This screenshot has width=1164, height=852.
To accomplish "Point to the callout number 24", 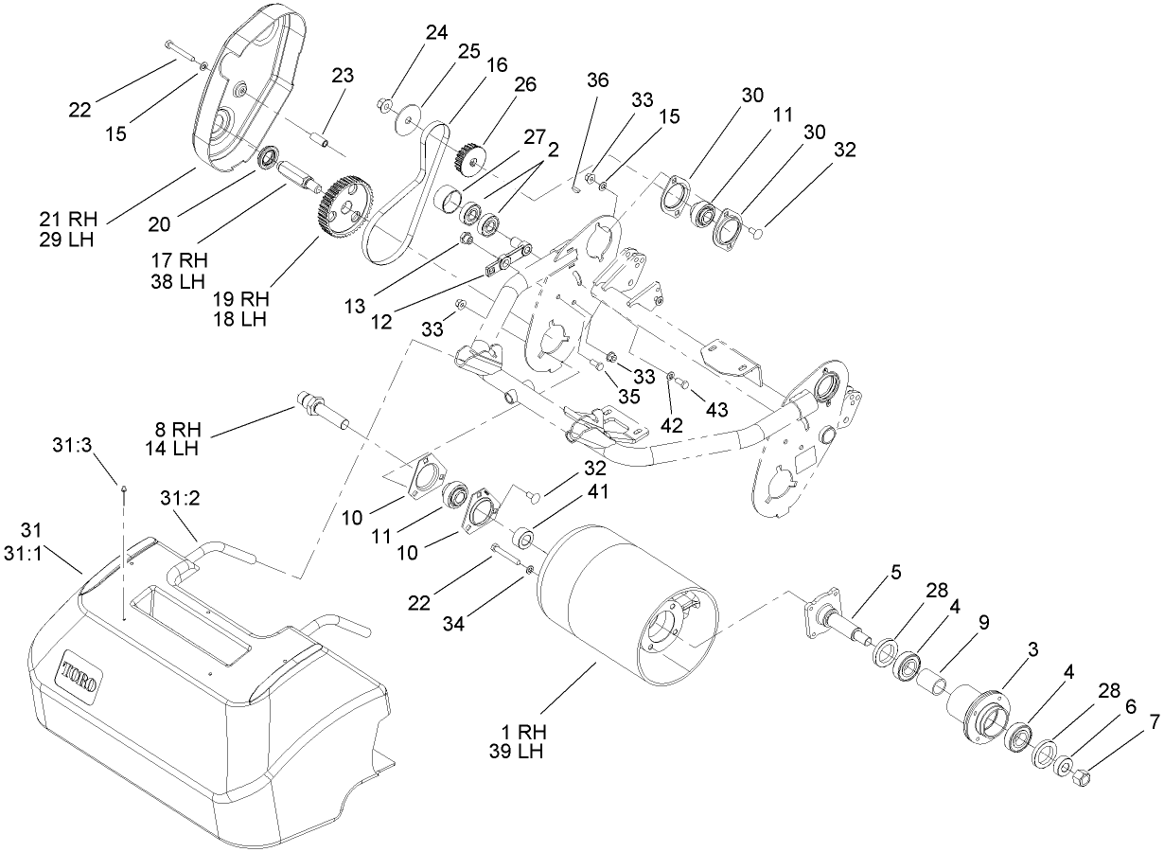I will [x=435, y=33].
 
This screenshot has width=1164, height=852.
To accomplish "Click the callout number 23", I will [x=343, y=76].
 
